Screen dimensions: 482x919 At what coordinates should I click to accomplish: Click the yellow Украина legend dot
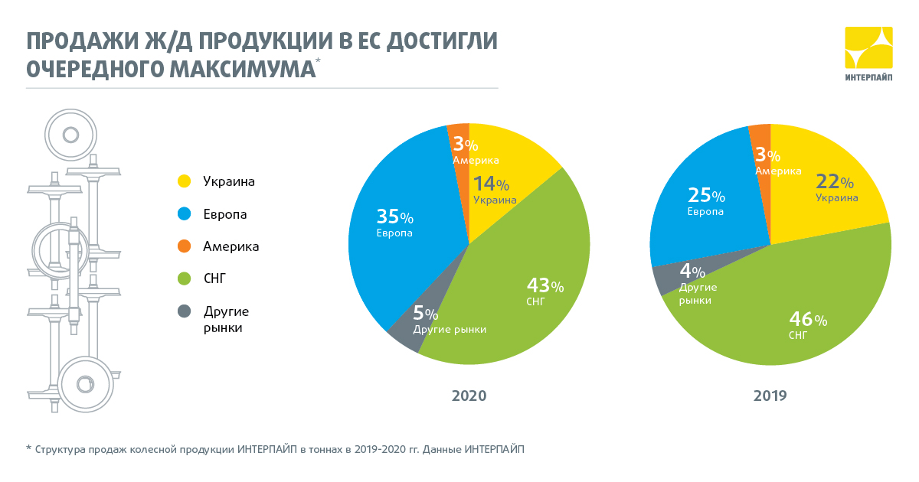[184, 181]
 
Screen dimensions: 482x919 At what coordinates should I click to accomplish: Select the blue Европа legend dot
[184, 214]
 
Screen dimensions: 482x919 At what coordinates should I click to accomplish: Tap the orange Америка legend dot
[184, 246]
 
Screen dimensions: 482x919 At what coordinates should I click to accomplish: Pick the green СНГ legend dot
[184, 279]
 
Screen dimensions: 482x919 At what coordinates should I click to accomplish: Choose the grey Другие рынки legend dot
[184, 311]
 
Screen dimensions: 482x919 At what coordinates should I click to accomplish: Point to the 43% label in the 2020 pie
[545, 286]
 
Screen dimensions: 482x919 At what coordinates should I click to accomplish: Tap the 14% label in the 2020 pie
[491, 184]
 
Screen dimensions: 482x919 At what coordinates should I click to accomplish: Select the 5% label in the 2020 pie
[426, 314]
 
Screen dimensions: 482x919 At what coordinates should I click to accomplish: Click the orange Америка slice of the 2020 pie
[458, 133]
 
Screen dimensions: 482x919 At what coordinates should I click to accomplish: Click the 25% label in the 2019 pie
[705, 196]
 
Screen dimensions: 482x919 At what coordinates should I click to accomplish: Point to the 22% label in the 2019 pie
[835, 182]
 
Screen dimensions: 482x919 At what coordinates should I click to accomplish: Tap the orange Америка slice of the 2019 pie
[759, 134]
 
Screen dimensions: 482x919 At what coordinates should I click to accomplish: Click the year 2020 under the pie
[469, 396]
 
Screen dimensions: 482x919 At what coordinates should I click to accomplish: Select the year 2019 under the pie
[770, 396]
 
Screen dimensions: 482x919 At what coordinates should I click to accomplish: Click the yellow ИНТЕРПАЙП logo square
[868, 48]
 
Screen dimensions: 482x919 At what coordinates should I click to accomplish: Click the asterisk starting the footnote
[29, 448]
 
